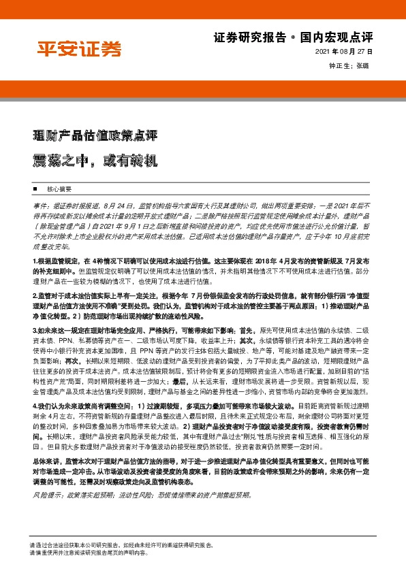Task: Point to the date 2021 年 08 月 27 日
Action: (344, 52)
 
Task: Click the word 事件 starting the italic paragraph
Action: (40, 205)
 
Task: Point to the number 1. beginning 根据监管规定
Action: (35, 242)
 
